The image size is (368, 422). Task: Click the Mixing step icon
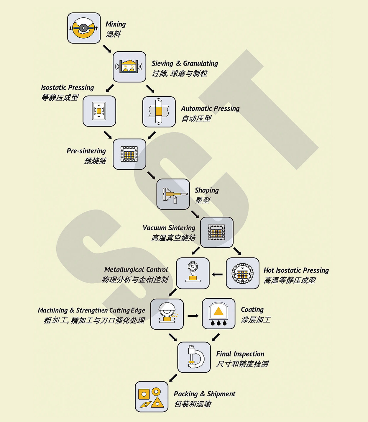[x=84, y=28]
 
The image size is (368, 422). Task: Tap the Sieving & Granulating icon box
[x=129, y=67]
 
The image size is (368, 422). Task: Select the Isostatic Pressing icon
[x=99, y=111]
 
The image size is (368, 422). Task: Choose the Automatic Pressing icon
[x=159, y=112]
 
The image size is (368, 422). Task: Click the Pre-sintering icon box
[x=129, y=154]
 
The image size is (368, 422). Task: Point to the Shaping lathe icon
[x=173, y=194]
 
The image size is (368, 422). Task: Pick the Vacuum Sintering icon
[x=217, y=232]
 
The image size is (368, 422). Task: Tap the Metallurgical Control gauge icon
[x=193, y=273]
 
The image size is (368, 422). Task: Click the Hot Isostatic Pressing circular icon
[x=242, y=273]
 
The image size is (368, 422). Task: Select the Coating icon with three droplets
[x=218, y=313]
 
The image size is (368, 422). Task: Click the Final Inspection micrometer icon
[x=194, y=357]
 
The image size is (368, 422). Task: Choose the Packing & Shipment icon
[x=152, y=397]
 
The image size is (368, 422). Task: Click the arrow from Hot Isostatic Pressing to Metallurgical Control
[x=217, y=274]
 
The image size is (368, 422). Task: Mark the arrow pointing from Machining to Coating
[x=193, y=316]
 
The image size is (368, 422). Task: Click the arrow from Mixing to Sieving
[x=107, y=49]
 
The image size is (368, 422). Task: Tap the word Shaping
[x=207, y=190]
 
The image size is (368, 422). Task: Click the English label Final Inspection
[x=240, y=354]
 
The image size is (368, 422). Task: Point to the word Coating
[x=252, y=310]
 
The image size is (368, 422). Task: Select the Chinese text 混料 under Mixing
[x=113, y=34]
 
